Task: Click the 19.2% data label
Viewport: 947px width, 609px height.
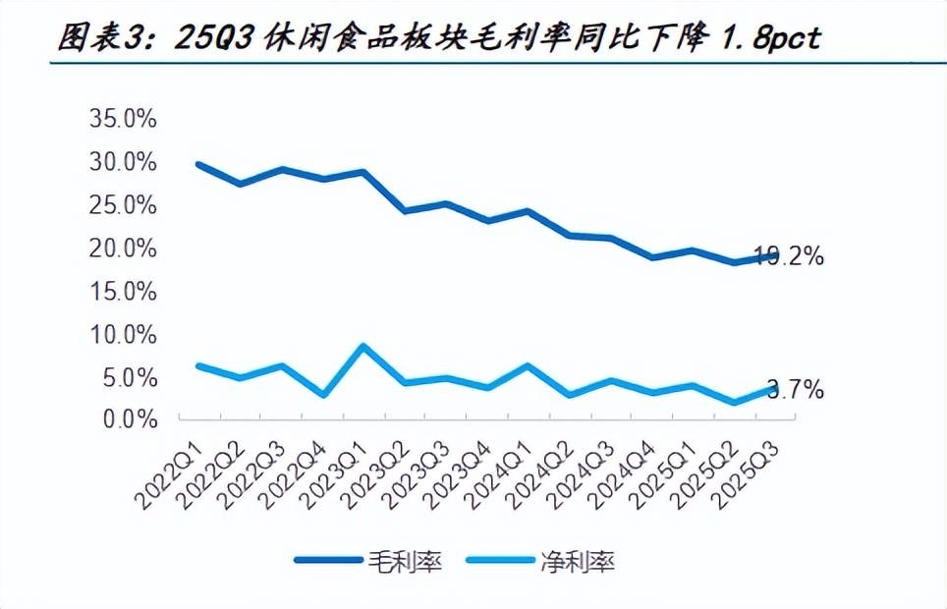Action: pos(789,257)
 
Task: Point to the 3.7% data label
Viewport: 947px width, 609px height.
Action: pos(795,390)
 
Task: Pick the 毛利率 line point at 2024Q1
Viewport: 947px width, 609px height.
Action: pos(528,211)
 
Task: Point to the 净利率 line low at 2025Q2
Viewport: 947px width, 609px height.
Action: pos(734,402)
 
